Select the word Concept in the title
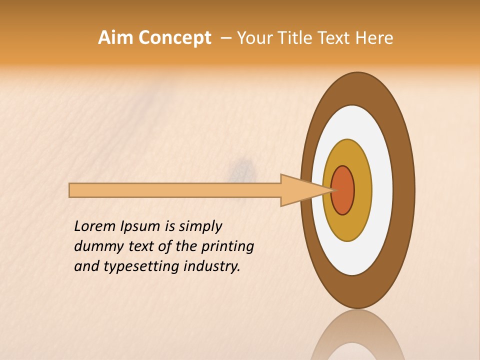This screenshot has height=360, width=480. [x=174, y=38]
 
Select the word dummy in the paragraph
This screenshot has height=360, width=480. [x=96, y=246]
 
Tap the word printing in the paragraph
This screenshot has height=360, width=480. [x=227, y=246]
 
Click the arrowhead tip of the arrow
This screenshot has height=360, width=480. [x=332, y=190]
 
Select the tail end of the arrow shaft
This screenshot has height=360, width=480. [x=71, y=190]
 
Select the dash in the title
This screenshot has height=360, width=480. [x=225, y=38]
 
